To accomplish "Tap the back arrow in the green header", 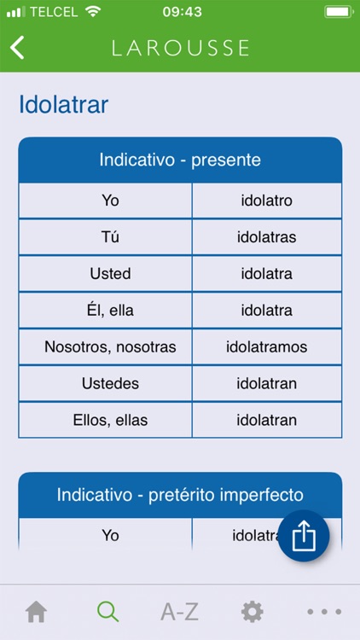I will (17, 47).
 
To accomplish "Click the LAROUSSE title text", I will (180, 48).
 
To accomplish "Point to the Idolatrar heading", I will (63, 105).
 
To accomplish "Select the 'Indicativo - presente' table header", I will (180, 160).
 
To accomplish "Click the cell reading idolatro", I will (266, 201).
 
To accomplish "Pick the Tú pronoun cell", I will (110, 237).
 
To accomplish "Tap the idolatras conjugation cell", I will (266, 237).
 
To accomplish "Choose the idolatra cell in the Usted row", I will (266, 274).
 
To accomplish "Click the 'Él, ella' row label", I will (110, 311).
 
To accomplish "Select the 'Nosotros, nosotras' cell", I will (110, 347).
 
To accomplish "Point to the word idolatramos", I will (266, 347).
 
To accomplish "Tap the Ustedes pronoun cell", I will (110, 384).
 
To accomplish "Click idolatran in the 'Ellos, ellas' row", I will (266, 420).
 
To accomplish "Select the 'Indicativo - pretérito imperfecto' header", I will (180, 495).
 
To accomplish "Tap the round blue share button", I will (304, 536).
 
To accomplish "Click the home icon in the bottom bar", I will (36, 612).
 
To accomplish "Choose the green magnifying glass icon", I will (107, 612).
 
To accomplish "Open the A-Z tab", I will (179, 612).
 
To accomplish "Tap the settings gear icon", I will (252, 612).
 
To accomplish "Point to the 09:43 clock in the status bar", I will (181, 12).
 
